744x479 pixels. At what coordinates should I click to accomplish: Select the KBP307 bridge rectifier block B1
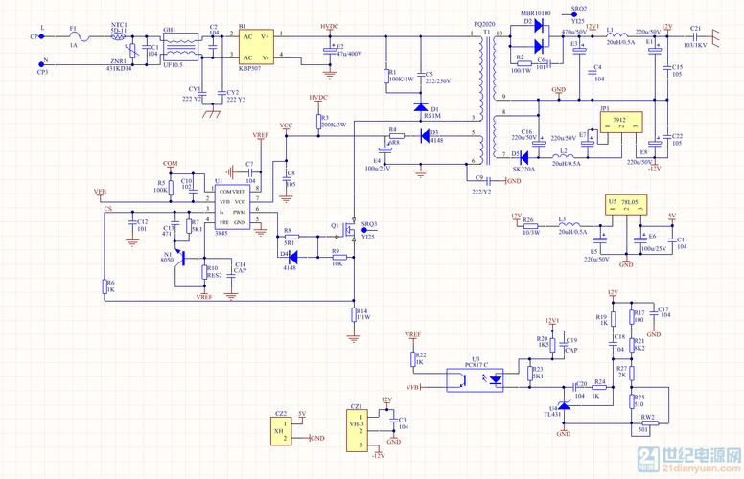(x=256, y=45)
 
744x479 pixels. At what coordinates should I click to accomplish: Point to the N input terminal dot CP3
(x=42, y=63)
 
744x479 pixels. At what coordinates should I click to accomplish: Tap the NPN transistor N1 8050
(x=175, y=257)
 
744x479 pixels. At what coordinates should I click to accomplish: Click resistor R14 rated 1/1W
(x=355, y=313)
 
